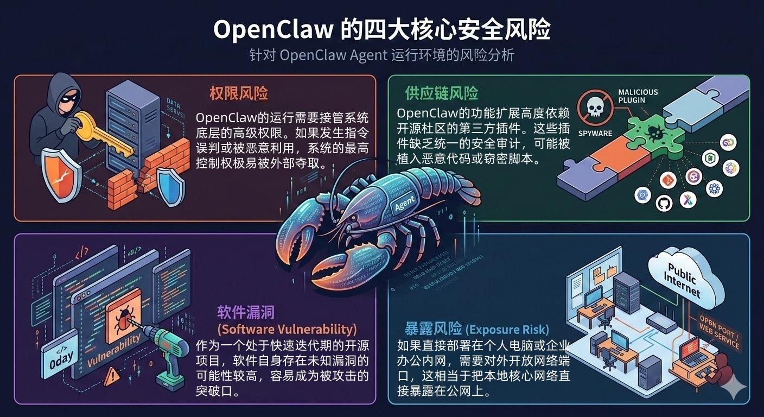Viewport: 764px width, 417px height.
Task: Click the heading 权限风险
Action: click(239, 93)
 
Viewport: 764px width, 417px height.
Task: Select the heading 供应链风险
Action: click(442, 93)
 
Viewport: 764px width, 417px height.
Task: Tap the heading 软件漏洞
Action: click(246, 312)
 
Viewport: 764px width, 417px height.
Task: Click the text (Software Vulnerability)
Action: click(287, 329)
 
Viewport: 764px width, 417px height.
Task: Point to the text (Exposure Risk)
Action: click(507, 329)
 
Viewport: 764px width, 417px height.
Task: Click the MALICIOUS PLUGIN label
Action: click(638, 97)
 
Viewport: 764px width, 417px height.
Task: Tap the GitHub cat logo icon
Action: click(664, 203)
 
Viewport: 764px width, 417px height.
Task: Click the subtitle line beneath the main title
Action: click(381, 55)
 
